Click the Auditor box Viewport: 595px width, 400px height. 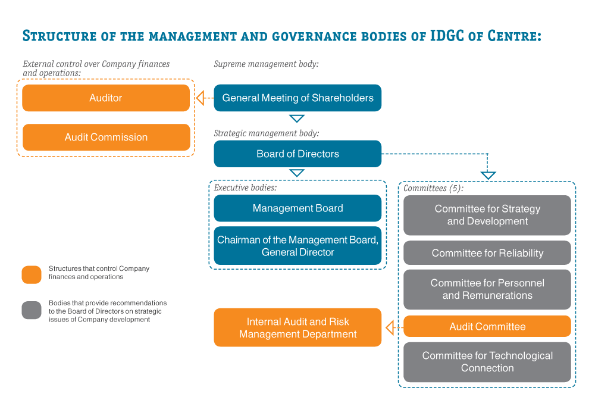click(x=106, y=98)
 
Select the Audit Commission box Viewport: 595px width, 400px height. click(x=107, y=137)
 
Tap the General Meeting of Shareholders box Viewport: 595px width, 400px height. click(x=297, y=98)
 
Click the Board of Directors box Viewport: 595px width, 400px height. click(x=297, y=154)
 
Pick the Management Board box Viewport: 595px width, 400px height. click(x=297, y=208)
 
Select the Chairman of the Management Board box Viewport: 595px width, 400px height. click(x=297, y=246)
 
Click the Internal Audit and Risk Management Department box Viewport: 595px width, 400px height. click(x=297, y=327)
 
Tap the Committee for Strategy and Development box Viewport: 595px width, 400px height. click(x=487, y=215)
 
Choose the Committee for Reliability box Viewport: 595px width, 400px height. click(x=487, y=253)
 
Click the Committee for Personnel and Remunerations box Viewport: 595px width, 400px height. click(x=487, y=289)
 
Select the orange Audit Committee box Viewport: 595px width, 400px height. click(x=487, y=326)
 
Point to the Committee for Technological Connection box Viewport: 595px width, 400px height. click(x=487, y=362)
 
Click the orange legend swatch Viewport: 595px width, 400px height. click(x=32, y=275)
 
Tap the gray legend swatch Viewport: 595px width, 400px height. click(x=32, y=310)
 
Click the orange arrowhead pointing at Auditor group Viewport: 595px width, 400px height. click(x=200, y=98)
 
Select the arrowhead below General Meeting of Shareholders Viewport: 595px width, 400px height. click(x=297, y=118)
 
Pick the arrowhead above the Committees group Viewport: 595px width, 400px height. click(x=488, y=176)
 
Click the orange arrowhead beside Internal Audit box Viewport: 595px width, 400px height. click(x=390, y=327)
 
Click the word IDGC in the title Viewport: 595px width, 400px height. click(x=447, y=36)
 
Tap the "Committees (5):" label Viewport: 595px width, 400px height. click(x=433, y=188)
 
